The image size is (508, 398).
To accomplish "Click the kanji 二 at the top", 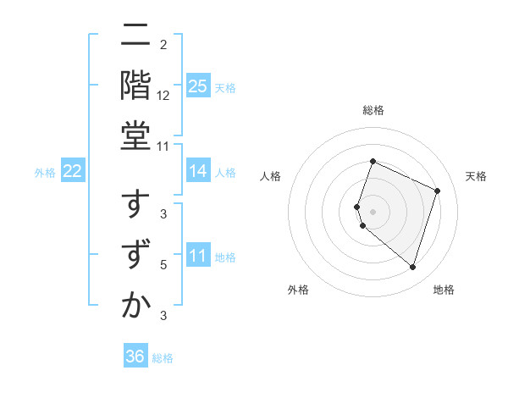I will tap(136, 37).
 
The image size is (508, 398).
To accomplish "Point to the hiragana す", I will tap(136, 207).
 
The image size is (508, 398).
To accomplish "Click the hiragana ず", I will tap(136, 257).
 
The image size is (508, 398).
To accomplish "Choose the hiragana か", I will tap(136, 307).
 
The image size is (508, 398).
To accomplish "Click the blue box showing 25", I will tap(198, 86).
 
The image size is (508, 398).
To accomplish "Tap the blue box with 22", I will tap(73, 172).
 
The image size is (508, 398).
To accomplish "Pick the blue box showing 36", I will tap(135, 357).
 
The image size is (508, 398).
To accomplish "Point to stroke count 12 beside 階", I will tap(164, 96).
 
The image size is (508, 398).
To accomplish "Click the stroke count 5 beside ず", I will tap(163, 265).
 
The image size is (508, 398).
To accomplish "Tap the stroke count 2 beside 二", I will tap(163, 44).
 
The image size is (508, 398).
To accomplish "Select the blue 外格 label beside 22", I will tap(45, 173).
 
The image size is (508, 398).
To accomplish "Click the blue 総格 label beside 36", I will tap(163, 358).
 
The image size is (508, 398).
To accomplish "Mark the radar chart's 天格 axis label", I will tap(476, 176).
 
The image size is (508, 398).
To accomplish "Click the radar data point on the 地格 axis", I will tap(412, 268).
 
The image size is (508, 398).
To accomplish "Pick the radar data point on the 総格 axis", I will tap(373, 161).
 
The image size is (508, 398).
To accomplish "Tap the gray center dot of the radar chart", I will tap(373, 211).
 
